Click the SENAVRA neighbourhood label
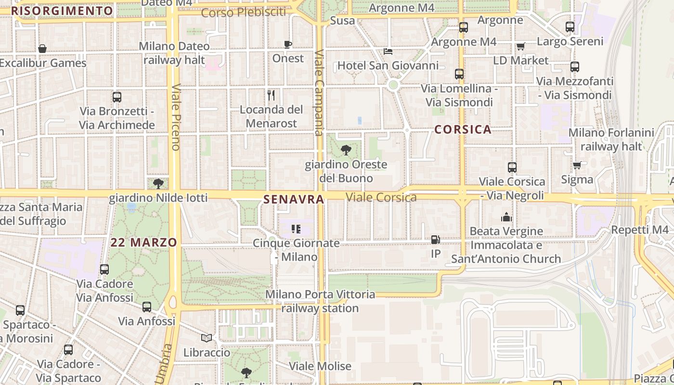click(x=293, y=199)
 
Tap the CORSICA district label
click(x=463, y=129)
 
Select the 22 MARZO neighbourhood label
click(x=144, y=243)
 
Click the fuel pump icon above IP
click(x=435, y=240)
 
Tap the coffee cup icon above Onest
click(x=288, y=45)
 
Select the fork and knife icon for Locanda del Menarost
click(x=271, y=95)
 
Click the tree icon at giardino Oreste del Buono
click(x=346, y=150)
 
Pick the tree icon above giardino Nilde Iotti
click(x=158, y=183)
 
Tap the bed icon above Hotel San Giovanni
click(x=388, y=51)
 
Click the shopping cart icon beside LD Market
click(x=520, y=47)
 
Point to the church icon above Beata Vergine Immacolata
click(x=506, y=217)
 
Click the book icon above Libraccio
click(x=207, y=338)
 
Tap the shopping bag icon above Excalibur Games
click(x=42, y=49)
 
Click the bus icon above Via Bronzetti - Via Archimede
click(x=117, y=97)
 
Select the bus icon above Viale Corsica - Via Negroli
click(x=512, y=167)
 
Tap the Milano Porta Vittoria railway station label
click(x=320, y=301)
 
